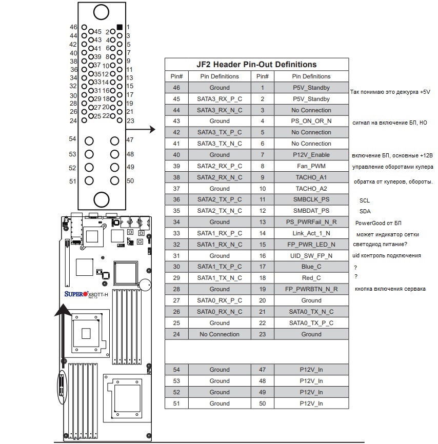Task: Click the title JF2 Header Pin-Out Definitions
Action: click(256, 65)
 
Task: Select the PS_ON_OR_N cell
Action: click(311, 121)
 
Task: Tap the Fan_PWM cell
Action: click(311, 166)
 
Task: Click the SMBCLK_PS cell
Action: click(311, 199)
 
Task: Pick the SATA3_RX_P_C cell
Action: click(220, 99)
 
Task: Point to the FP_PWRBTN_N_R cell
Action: click(311, 289)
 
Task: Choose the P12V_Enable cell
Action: click(311, 155)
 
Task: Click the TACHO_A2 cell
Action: click(311, 189)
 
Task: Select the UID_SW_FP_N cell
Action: click(311, 256)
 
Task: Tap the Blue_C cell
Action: click(311, 267)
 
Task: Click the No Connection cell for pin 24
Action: click(220, 334)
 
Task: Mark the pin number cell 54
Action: click(176, 370)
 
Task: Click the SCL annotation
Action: click(365, 200)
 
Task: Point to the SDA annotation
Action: click(365, 211)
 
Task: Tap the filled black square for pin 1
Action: click(120, 27)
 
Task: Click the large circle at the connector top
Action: click(102, 12)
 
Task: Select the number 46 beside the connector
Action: click(73, 27)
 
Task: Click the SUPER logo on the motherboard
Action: click(76, 294)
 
